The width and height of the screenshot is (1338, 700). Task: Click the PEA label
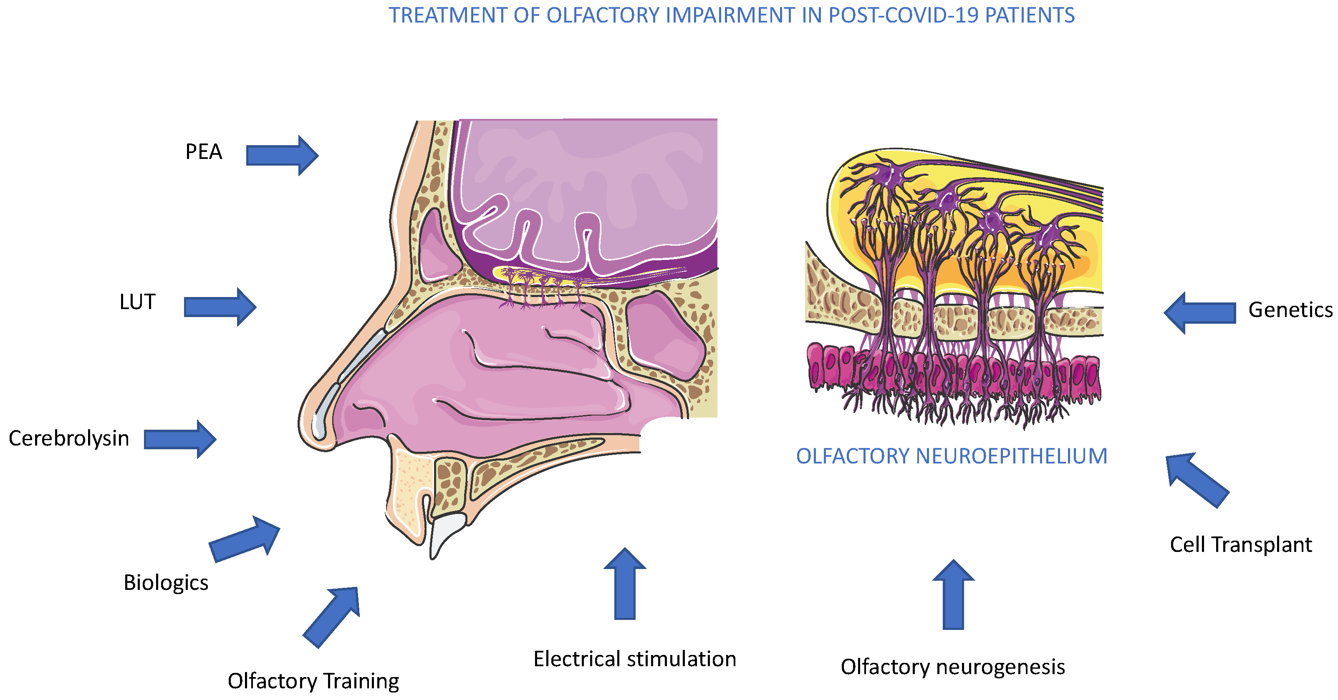click(x=204, y=151)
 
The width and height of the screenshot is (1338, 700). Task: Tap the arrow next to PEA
click(x=281, y=155)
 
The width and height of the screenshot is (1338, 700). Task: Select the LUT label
click(x=137, y=302)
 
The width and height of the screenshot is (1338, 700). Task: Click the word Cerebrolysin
click(x=68, y=438)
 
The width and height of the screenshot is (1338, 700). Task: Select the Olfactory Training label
click(x=313, y=680)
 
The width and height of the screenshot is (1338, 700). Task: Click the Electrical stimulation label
click(x=634, y=658)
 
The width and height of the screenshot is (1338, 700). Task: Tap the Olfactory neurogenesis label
click(x=953, y=666)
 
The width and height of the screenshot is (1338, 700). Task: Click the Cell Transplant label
click(x=1240, y=544)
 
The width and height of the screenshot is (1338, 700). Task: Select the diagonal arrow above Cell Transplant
click(x=1197, y=479)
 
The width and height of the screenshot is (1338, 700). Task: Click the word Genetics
click(x=1290, y=310)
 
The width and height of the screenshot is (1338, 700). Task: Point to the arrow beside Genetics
click(x=1200, y=312)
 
